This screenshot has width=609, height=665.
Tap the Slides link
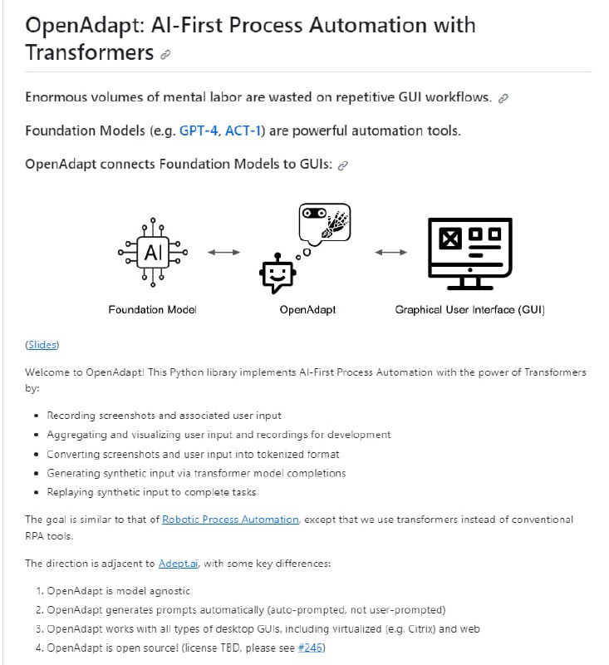click(42, 344)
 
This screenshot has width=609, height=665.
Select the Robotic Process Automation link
click(230, 520)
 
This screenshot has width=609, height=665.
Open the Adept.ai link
click(179, 564)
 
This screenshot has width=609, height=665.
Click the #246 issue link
click(312, 648)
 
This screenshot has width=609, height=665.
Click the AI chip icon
click(153, 253)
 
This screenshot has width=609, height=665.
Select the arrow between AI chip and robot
click(223, 252)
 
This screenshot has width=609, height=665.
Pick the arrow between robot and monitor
click(391, 252)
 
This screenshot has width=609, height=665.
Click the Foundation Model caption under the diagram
click(153, 310)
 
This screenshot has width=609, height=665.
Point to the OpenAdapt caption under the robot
click(307, 310)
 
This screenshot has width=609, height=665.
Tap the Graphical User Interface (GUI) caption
click(469, 310)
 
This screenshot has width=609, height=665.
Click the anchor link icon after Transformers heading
click(165, 55)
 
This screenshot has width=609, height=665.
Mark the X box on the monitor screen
click(449, 239)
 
